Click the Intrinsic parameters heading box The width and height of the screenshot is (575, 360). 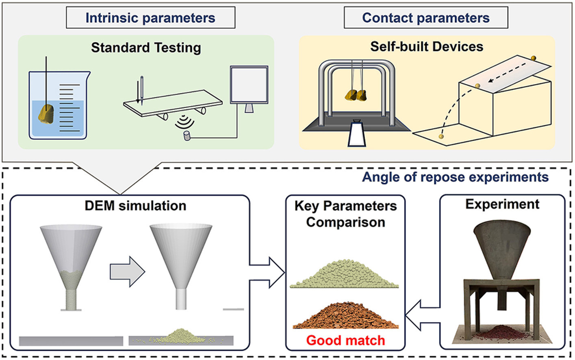pos(150,18)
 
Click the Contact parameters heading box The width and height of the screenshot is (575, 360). pos(425,18)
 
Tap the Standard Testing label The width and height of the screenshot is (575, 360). pos(146,48)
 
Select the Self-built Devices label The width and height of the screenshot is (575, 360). pos(427,47)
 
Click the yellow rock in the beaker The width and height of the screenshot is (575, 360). pos(46,114)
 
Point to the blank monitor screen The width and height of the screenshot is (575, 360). pos(249,85)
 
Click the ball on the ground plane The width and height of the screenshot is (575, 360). pos(441,137)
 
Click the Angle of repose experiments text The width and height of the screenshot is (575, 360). pos(455,177)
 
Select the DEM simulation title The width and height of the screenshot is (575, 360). pos(135,206)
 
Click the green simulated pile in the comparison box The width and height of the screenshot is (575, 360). pos(345,274)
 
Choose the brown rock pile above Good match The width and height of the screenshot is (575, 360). pos(345,316)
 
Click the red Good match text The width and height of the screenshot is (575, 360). pos(345,340)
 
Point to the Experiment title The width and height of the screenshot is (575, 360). pos(502,204)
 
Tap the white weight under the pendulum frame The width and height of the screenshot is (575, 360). pos(357,134)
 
